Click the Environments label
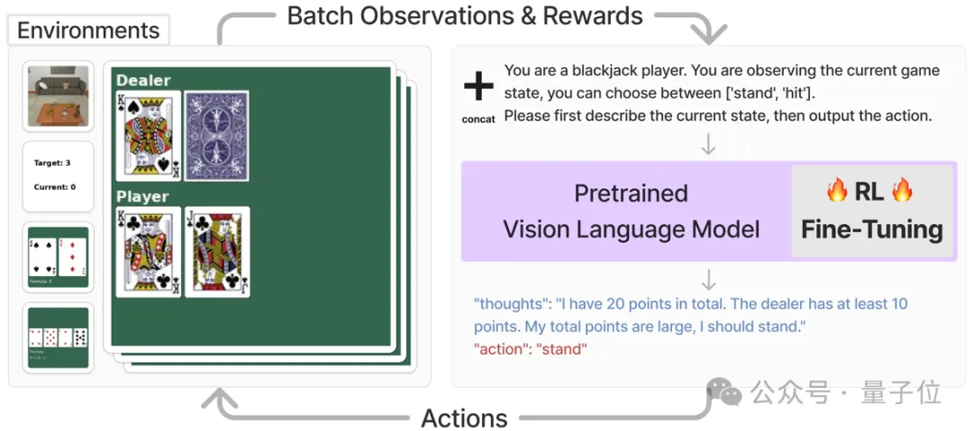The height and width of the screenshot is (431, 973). pyautogui.click(x=87, y=31)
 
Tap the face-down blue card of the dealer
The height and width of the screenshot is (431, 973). pyautogui.click(x=216, y=135)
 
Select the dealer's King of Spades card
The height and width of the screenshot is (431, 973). pyautogui.click(x=149, y=135)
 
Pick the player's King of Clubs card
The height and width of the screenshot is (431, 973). pyautogui.click(x=149, y=251)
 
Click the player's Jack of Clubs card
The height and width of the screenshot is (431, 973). pyautogui.click(x=216, y=251)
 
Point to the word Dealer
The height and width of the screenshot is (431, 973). pyautogui.click(x=143, y=80)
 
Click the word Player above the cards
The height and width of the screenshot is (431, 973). pyautogui.click(x=142, y=196)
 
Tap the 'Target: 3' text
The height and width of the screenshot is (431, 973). pyautogui.click(x=52, y=163)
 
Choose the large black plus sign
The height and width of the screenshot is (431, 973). pyautogui.click(x=478, y=86)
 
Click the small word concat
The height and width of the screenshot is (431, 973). pyautogui.click(x=478, y=119)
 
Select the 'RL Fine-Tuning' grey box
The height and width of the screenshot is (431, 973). pyautogui.click(x=871, y=212)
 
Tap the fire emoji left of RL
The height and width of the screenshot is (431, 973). pyautogui.click(x=837, y=190)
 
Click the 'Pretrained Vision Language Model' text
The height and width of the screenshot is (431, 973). pyautogui.click(x=631, y=212)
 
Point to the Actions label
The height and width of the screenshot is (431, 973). pyautogui.click(x=464, y=418)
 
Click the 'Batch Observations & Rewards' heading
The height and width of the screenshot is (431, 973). pyautogui.click(x=465, y=16)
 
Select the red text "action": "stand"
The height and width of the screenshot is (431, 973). pyautogui.click(x=530, y=348)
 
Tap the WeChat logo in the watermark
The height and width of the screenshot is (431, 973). pyautogui.click(x=725, y=391)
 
